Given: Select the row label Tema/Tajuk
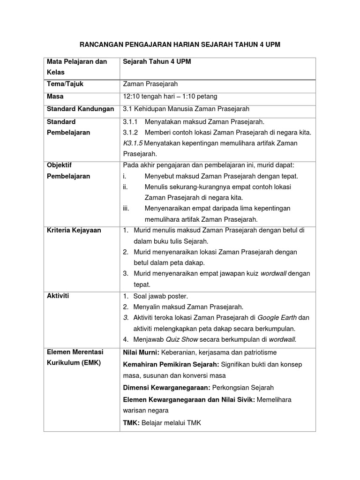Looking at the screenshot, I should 65,84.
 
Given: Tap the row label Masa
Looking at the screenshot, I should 55,96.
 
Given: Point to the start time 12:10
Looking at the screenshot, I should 132,97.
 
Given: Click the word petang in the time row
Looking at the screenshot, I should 207,97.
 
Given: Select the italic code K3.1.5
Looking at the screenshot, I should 134,143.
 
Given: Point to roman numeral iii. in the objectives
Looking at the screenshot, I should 126,208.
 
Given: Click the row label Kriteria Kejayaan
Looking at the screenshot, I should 74,230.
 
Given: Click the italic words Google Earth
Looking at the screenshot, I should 277,317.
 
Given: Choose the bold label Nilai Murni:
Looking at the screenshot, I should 141,352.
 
